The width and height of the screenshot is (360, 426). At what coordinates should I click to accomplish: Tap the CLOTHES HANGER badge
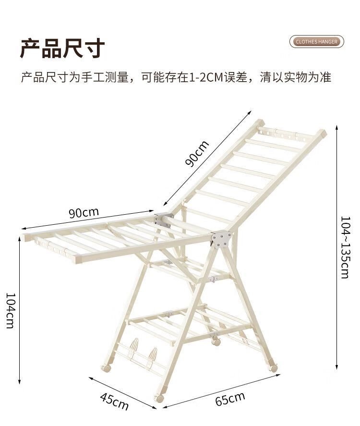point(317,42)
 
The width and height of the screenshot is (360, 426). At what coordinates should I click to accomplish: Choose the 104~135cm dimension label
point(345,247)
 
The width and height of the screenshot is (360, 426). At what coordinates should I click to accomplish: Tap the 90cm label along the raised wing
point(198,154)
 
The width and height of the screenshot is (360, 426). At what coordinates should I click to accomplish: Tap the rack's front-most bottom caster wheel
point(159,398)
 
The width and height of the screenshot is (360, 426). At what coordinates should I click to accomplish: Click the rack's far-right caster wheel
point(274,368)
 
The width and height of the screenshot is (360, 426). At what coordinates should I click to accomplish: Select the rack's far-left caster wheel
point(105,368)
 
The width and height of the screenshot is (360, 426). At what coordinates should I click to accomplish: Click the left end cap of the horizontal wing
point(24,238)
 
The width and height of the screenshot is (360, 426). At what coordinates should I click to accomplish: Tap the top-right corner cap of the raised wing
point(321,133)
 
